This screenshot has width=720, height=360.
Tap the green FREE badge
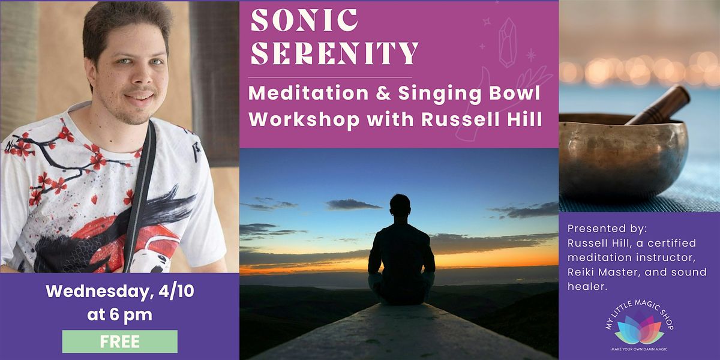tap(120, 342)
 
